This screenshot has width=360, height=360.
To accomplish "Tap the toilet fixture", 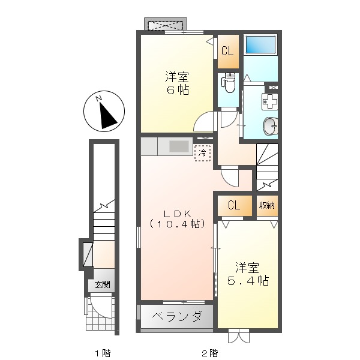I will click(227, 80).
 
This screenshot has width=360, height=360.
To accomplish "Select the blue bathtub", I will click(260, 44).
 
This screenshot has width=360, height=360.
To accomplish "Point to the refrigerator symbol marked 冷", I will click(202, 153).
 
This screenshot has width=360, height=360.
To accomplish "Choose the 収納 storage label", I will click(268, 206).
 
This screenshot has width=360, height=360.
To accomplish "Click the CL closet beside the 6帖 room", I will click(227, 52).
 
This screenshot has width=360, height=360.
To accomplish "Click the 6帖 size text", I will click(178, 90).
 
